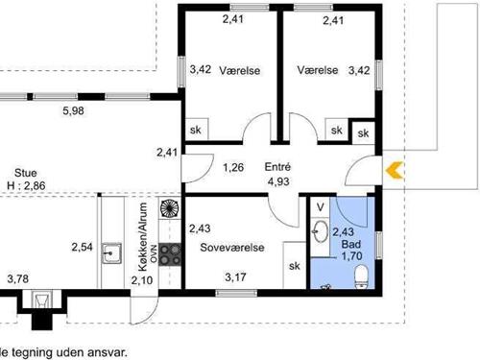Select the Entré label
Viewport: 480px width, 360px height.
pyautogui.click(x=277, y=167)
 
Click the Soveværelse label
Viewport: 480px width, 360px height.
pyautogui.click(x=231, y=247)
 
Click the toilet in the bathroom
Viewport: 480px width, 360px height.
pyautogui.click(x=362, y=277)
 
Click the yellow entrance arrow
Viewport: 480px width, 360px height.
pyautogui.click(x=394, y=171)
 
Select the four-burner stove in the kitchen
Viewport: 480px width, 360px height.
pyautogui.click(x=171, y=254)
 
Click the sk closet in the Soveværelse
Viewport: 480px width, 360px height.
pyautogui.click(x=294, y=266)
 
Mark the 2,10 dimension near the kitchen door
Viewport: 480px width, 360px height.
pyautogui.click(x=141, y=279)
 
